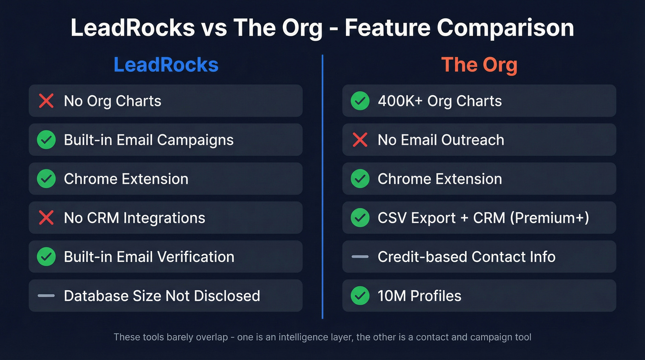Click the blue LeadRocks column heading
tap(166, 65)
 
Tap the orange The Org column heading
tap(479, 65)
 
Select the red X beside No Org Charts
tap(46, 100)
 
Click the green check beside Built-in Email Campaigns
tap(46, 140)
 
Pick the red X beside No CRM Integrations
tap(46, 218)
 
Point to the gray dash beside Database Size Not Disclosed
tap(46, 295)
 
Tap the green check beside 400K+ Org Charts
tap(360, 100)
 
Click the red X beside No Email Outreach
tap(360, 140)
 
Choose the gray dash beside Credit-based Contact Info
tap(360, 256)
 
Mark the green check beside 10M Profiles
tap(360, 295)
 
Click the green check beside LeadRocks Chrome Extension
tap(46, 178)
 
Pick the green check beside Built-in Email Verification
tap(46, 256)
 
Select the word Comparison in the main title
tap(505, 28)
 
